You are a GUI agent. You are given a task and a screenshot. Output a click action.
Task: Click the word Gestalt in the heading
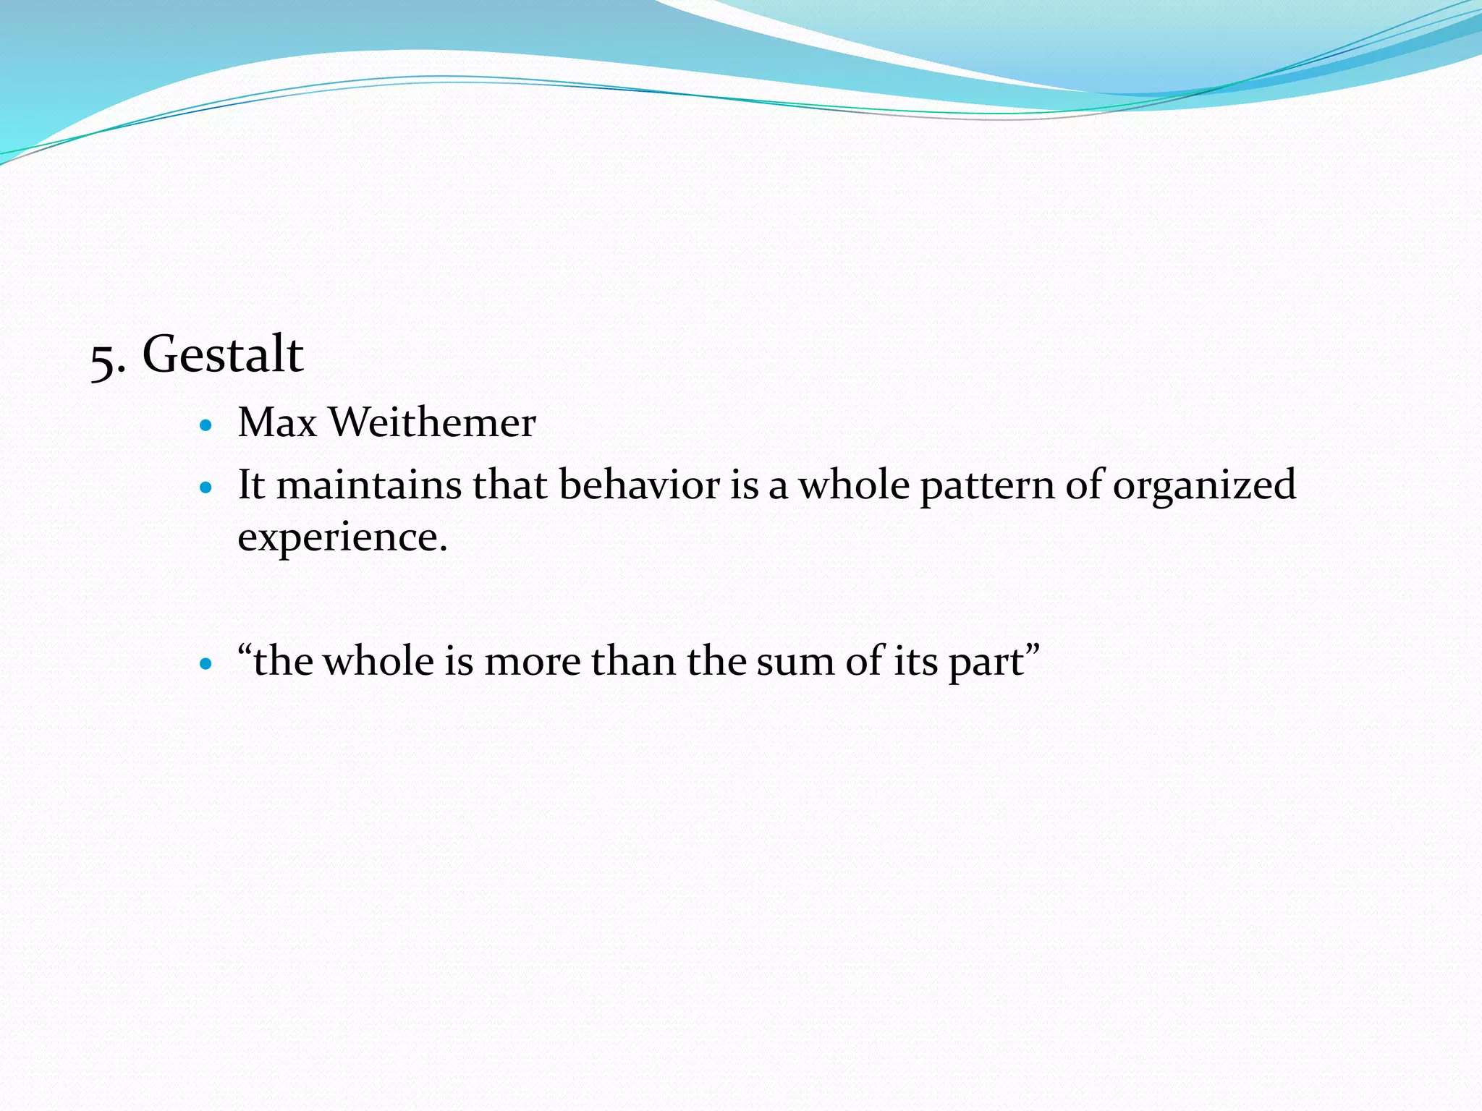223,354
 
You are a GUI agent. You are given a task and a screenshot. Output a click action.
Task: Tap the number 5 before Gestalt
103,359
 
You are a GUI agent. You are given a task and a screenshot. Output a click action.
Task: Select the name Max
277,422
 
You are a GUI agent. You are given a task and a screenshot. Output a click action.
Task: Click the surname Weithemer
433,422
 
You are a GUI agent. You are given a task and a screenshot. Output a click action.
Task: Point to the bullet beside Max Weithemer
206,425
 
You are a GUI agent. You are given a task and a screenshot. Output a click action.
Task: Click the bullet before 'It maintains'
206,488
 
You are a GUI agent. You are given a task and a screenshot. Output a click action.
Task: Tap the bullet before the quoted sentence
206,663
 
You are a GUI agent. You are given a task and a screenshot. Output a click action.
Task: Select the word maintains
369,485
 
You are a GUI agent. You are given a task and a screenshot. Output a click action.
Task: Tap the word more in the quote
532,662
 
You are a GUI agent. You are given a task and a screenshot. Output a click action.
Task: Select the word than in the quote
633,661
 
